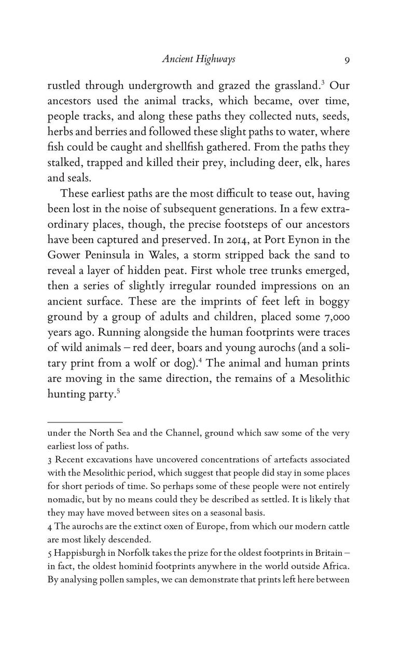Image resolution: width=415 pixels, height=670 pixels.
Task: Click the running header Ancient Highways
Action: point(199,59)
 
